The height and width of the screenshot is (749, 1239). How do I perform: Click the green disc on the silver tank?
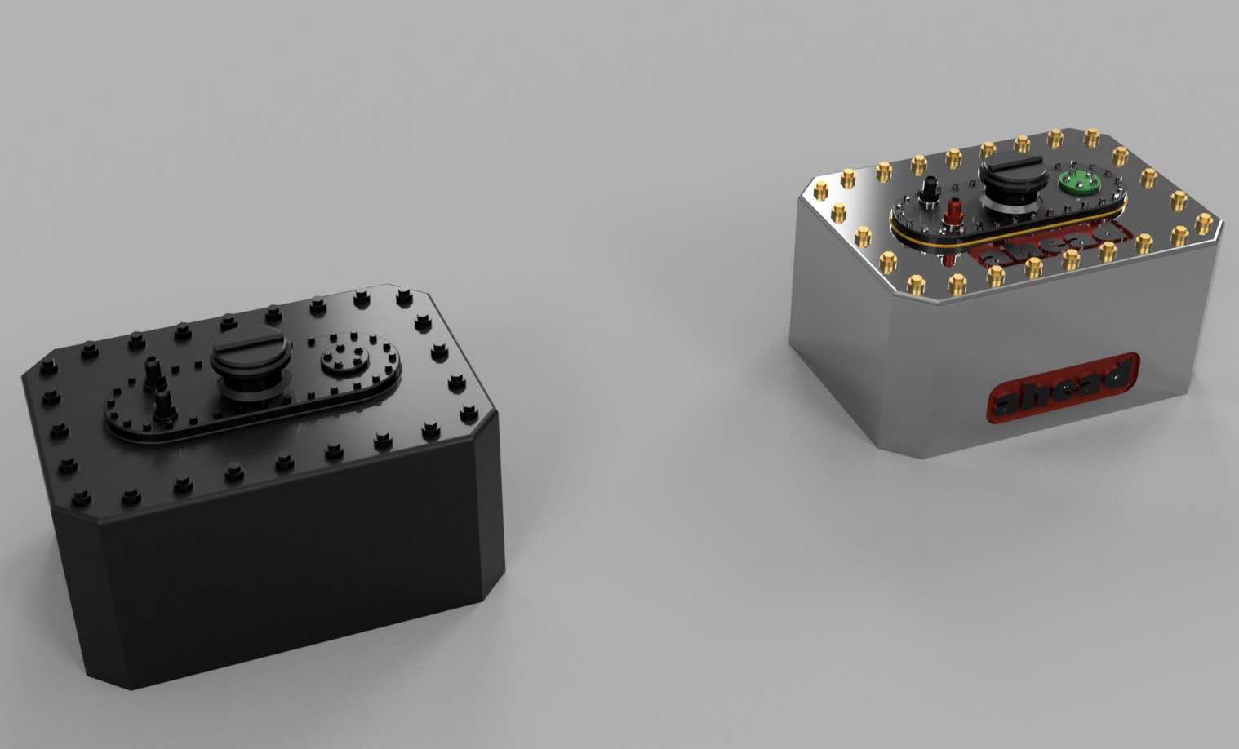click(x=1075, y=184)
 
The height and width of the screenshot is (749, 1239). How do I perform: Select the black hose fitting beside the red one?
click(x=929, y=192)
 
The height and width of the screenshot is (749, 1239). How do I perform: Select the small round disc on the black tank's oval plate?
click(x=344, y=357)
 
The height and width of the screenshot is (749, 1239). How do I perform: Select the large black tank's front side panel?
click(x=278, y=571)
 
